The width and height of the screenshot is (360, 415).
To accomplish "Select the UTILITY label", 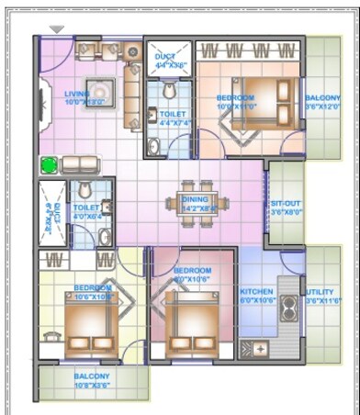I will click(321, 294).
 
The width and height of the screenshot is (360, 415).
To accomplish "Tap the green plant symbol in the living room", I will click(48, 165).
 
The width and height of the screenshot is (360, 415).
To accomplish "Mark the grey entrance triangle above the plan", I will click(57, 29).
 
